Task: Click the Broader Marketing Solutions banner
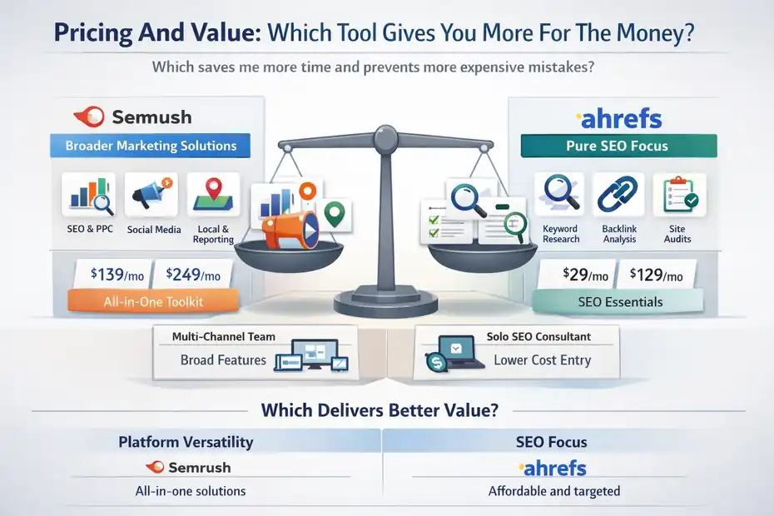point(150,146)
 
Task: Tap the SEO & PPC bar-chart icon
point(88,196)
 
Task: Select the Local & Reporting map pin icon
point(213,195)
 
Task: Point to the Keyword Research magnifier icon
point(560,196)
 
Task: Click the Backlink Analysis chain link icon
point(618,196)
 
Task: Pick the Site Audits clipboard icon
point(677,196)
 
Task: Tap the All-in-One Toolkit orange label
point(147,301)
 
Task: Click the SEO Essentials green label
point(620,301)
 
